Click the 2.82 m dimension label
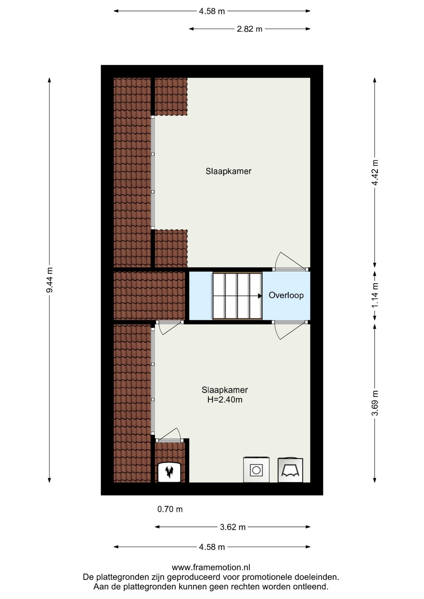(x=249, y=29)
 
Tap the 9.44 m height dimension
(x=49, y=280)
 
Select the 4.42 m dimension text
(x=375, y=173)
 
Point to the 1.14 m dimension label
(x=375, y=295)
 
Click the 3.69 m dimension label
(x=375, y=403)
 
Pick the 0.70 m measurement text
(x=170, y=509)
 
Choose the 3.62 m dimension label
(x=233, y=527)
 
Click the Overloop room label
(x=286, y=295)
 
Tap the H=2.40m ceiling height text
(x=225, y=400)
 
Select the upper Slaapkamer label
(x=229, y=171)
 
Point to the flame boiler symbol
(x=169, y=472)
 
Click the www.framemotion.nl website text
(x=211, y=567)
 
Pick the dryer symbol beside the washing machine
(x=290, y=470)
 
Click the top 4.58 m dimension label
(x=212, y=11)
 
